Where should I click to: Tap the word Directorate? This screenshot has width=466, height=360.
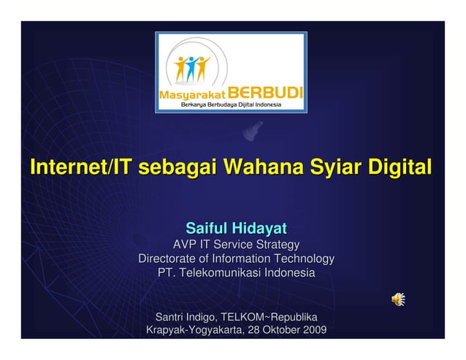(167, 258)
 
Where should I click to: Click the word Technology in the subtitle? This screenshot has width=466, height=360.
(303, 258)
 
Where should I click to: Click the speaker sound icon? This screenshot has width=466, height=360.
(398, 299)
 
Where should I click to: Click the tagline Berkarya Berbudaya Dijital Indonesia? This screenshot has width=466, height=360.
(232, 105)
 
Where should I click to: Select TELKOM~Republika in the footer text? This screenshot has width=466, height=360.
(271, 318)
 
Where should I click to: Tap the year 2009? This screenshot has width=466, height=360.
(313, 332)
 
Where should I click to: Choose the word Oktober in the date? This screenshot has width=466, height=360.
(279, 332)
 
